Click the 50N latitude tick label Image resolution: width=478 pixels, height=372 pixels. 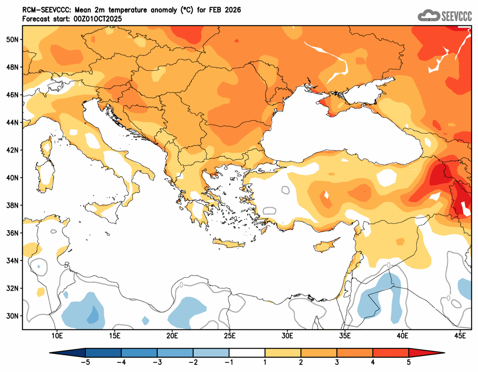click(12, 39)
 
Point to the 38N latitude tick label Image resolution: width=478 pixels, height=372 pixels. click(12, 205)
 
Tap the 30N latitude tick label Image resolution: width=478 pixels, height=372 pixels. click(12, 316)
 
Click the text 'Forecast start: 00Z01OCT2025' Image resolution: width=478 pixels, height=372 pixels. click(72, 19)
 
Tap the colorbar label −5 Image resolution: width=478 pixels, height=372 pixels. click(85, 363)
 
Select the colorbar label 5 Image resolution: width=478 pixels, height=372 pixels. click(409, 363)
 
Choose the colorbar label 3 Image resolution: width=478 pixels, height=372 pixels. click(337, 363)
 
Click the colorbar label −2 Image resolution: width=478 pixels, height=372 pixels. click(193, 363)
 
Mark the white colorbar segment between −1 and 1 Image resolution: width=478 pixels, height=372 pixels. click(247, 353)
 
